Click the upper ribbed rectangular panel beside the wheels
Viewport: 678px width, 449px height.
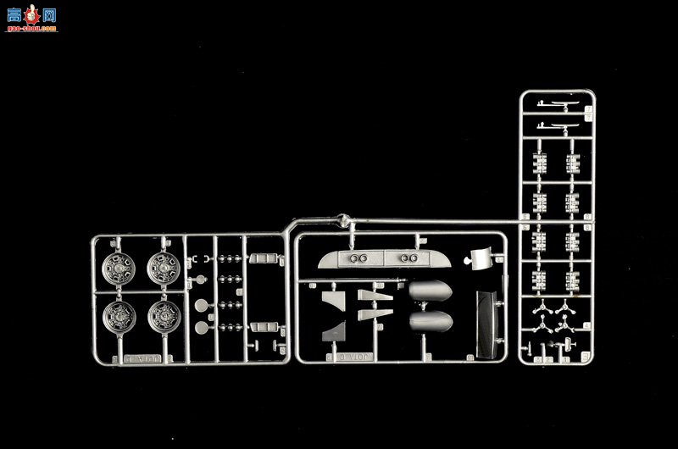pyautogui.click(x=263, y=257)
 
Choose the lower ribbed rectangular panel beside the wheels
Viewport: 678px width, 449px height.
pyautogui.click(x=263, y=325)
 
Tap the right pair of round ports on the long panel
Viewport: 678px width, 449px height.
pyautogui.click(x=408, y=258)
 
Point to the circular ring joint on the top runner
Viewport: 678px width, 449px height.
pyautogui.click(x=343, y=221)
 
